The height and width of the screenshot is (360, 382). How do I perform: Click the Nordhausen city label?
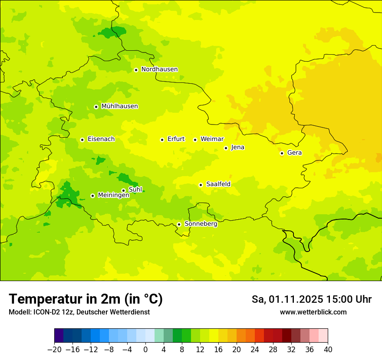coord(159,69)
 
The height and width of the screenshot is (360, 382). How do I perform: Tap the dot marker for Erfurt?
coord(162,140)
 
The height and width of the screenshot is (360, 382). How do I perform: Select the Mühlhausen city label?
coord(119,106)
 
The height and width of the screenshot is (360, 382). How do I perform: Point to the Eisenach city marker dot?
coord(82,140)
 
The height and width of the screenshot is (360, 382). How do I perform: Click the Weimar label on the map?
coord(212,139)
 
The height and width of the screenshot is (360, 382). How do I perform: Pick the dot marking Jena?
coord(226,148)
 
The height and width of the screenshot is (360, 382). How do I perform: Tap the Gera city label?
coord(294,153)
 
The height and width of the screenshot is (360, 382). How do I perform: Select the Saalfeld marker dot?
coord(201,185)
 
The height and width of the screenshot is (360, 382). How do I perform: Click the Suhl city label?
coord(135,190)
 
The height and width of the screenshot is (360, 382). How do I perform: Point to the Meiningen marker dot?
coord(92,196)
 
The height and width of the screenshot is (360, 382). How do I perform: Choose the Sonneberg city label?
coord(201,224)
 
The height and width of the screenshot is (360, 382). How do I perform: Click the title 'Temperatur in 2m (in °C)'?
coord(86,299)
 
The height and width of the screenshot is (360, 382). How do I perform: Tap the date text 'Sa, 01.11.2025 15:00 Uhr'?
coord(311,299)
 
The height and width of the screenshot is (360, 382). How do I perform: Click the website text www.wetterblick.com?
coord(313,312)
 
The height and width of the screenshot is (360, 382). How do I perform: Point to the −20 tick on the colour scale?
coord(54,350)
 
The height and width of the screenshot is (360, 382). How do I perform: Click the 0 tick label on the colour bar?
coord(145,350)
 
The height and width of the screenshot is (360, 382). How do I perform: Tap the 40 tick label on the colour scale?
coord(328,350)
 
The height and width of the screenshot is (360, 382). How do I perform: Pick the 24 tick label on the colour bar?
coord(255,350)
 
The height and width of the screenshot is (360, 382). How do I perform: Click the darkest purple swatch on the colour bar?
coord(59,336)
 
